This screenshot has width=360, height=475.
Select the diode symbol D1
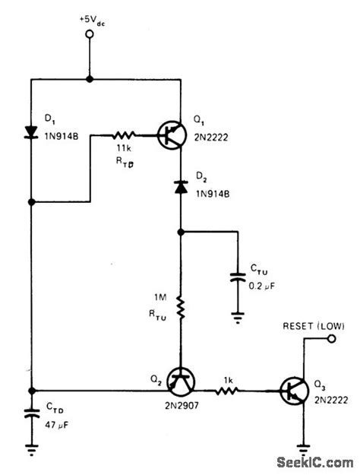click(x=32, y=131)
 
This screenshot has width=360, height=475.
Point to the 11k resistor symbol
click(x=124, y=134)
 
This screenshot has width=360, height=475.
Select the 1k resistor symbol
click(x=228, y=391)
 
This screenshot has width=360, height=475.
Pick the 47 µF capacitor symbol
click(x=32, y=416)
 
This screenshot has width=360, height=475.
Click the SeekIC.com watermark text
click(x=313, y=461)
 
